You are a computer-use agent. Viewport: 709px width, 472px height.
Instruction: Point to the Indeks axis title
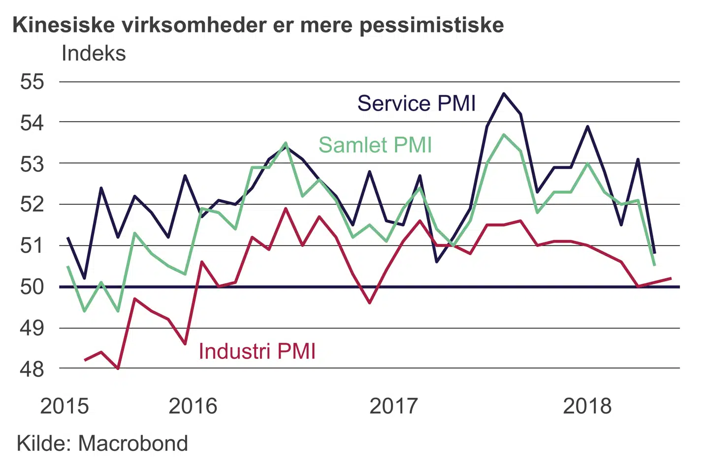click(x=94, y=53)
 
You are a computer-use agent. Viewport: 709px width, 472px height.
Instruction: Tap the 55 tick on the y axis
click(x=32, y=82)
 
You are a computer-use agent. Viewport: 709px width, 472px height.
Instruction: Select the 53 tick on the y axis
click(x=32, y=164)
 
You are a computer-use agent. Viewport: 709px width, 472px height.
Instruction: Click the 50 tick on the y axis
click(x=32, y=286)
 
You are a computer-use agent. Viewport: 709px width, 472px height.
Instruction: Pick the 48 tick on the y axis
click(x=32, y=369)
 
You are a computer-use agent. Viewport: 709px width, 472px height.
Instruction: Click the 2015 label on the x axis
click(x=64, y=406)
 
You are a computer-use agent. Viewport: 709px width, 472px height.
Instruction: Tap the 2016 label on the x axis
click(x=193, y=406)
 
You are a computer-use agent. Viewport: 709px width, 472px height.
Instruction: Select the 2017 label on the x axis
click(x=393, y=406)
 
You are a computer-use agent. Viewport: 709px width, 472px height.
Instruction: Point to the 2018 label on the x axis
click(x=587, y=406)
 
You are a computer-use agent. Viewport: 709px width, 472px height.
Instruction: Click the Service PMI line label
click(x=417, y=104)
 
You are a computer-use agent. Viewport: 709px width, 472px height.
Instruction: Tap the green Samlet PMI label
click(x=375, y=145)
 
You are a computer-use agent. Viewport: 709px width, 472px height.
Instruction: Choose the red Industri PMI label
click(x=257, y=351)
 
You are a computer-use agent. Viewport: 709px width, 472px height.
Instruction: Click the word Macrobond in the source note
click(x=133, y=443)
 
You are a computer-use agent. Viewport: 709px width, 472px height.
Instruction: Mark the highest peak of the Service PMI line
click(x=504, y=93)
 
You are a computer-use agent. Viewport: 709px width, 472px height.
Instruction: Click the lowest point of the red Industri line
click(x=118, y=368)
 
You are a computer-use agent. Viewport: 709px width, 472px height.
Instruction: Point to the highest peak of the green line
click(x=504, y=134)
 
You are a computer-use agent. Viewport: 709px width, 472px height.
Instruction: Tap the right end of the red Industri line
click(x=671, y=278)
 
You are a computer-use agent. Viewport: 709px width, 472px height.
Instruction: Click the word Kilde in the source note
click(x=44, y=443)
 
